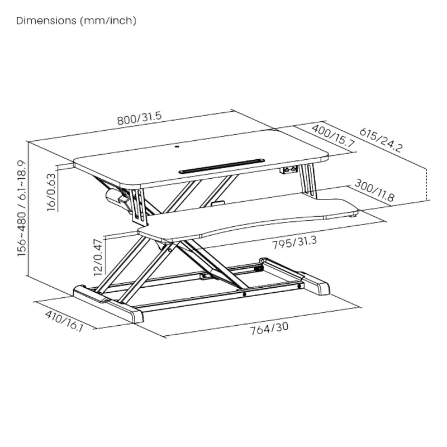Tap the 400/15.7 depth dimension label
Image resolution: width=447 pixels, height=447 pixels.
point(333,136)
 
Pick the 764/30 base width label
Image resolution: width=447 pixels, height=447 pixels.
point(270,328)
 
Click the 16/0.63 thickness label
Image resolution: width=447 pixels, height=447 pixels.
point(51,193)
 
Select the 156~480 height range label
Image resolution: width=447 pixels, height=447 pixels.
point(21,208)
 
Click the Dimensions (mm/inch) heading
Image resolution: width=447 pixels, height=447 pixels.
point(77,21)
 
